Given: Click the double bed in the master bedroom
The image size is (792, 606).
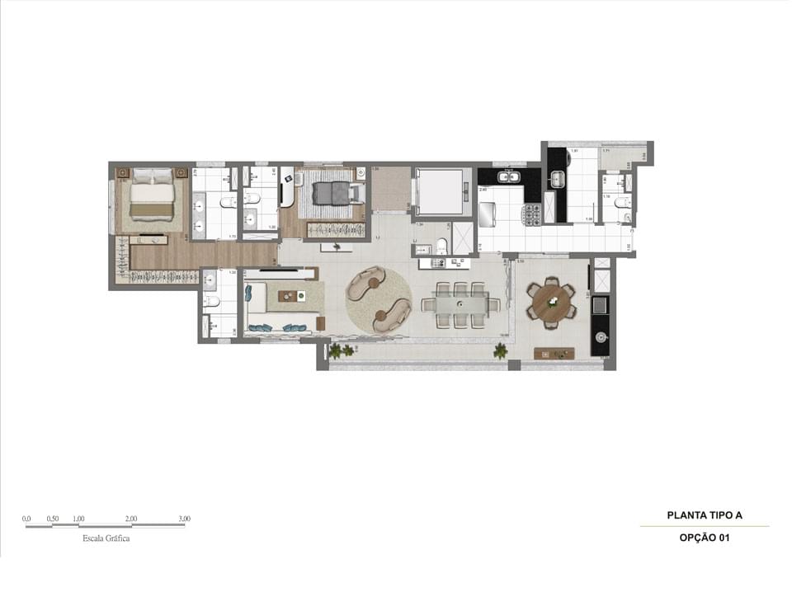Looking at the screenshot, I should [x=152, y=195].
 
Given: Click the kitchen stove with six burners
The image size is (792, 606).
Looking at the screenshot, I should [x=532, y=214].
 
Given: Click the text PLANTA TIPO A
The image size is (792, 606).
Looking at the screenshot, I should [x=705, y=515].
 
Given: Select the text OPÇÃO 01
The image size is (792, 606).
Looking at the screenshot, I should [x=705, y=538].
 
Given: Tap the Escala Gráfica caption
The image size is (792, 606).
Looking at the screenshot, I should [x=106, y=538].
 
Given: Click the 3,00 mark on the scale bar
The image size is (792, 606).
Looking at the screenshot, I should [x=183, y=519].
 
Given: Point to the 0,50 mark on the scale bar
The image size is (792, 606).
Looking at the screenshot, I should [x=53, y=519].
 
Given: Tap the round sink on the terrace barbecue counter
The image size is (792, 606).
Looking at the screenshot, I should [x=600, y=336].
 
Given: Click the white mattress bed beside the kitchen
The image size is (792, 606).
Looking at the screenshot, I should [x=439, y=191].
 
